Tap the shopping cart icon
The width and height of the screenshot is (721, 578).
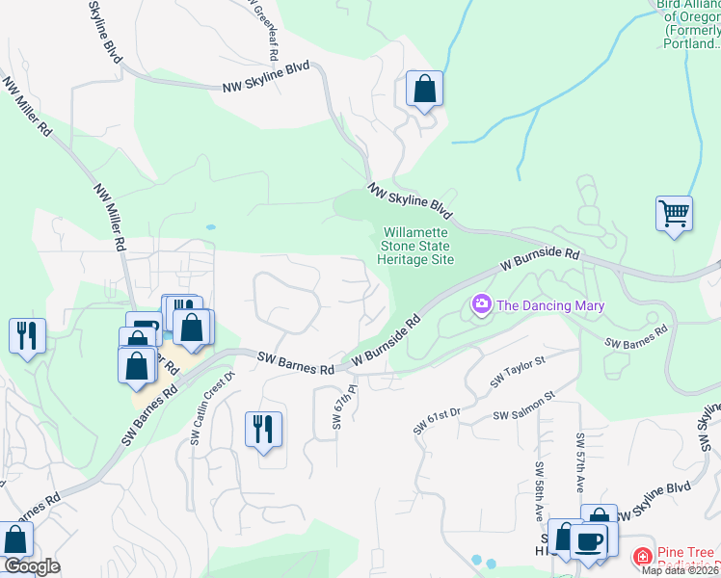(674, 213)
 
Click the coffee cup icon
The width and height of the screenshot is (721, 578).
(588, 539)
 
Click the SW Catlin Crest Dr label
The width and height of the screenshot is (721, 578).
(211, 408)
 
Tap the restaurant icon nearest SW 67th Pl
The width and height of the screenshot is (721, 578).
(263, 428)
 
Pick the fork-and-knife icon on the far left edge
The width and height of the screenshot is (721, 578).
(26, 335)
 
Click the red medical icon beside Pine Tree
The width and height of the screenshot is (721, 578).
(642, 558)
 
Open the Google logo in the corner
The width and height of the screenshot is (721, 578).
(31, 566)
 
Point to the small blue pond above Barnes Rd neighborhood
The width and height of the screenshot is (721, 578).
(210, 227)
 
